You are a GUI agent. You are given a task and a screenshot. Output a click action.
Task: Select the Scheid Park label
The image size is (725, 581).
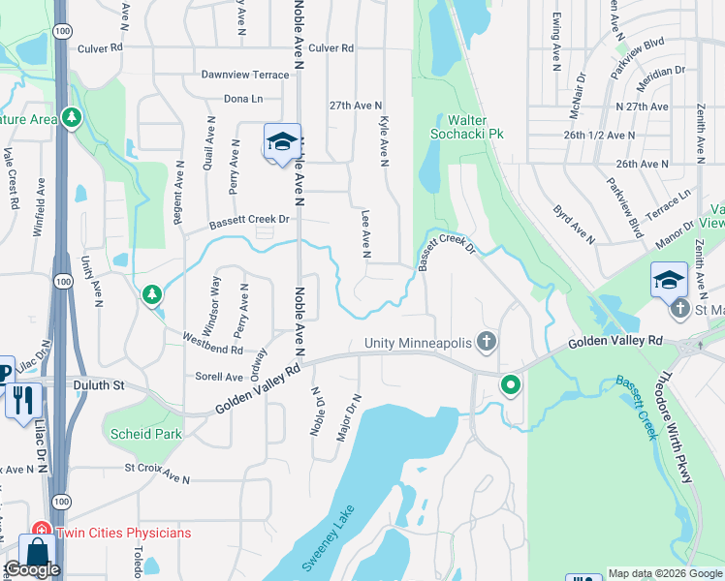click(x=146, y=434)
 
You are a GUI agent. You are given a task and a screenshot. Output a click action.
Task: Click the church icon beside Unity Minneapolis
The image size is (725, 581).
click(x=487, y=342)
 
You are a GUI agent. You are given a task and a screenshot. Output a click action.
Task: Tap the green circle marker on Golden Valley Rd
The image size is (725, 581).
click(x=510, y=387)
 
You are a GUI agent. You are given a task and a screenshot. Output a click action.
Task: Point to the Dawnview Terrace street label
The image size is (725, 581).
click(x=245, y=75)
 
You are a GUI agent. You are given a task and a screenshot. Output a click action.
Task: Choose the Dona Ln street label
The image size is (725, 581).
click(x=243, y=99)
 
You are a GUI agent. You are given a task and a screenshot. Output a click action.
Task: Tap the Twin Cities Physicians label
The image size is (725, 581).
click(x=123, y=533)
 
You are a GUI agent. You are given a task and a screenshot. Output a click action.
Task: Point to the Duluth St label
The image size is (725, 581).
click(x=100, y=384)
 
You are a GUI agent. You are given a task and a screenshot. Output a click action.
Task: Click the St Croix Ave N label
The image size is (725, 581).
click(x=156, y=474)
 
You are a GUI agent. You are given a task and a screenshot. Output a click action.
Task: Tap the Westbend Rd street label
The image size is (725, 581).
click(x=212, y=343)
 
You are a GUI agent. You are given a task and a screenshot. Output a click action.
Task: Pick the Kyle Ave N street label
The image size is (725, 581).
click(x=385, y=141)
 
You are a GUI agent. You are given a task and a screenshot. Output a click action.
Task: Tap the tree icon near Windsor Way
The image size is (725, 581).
click(x=151, y=293)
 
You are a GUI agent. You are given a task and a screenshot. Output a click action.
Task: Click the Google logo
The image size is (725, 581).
click(x=32, y=569)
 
